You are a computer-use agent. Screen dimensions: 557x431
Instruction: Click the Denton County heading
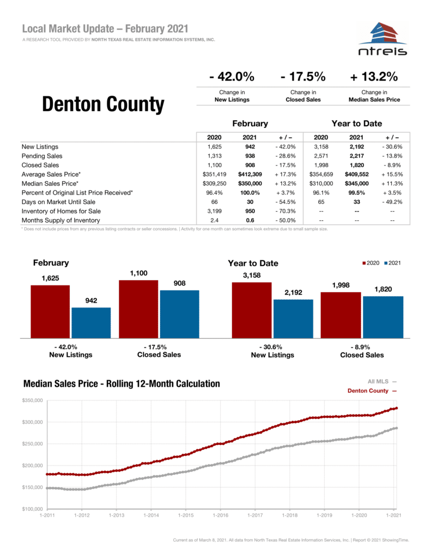(x=103, y=104)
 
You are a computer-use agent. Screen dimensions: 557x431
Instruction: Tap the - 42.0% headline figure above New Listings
(x=232, y=77)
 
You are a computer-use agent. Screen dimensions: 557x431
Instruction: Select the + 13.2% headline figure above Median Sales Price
(x=374, y=77)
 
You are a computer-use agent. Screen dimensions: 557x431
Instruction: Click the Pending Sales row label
(x=41, y=156)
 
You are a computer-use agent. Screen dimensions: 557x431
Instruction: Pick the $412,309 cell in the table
(x=250, y=174)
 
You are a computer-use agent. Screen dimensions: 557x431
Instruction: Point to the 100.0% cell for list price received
(x=250, y=193)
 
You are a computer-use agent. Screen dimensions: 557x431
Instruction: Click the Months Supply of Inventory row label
(x=60, y=220)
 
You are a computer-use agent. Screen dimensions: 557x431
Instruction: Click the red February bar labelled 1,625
(x=50, y=311)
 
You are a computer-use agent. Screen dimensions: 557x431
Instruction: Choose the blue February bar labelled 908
(x=179, y=314)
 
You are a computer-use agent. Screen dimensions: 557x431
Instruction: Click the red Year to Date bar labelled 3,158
(x=252, y=310)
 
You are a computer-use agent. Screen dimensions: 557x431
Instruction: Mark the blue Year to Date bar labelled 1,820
(x=383, y=317)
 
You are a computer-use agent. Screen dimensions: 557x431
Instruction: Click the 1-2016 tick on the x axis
(x=220, y=515)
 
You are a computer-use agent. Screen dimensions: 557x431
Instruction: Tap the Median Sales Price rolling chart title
(x=122, y=384)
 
